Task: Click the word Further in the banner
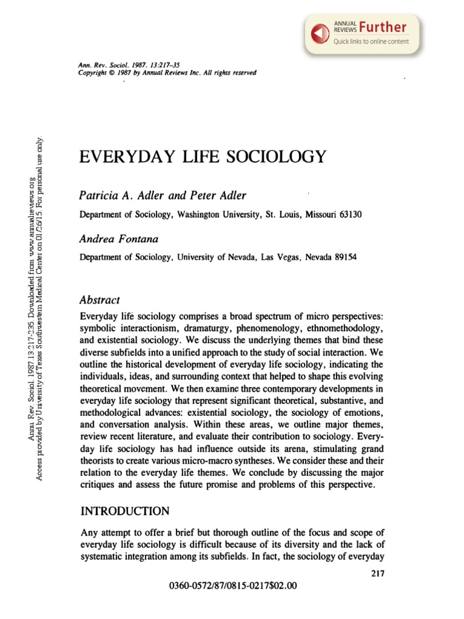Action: (382, 27)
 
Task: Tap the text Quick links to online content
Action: (371, 41)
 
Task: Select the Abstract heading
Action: (100, 300)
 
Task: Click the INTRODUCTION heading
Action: (125, 511)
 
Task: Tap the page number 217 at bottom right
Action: (377, 574)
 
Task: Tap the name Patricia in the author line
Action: (97, 196)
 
